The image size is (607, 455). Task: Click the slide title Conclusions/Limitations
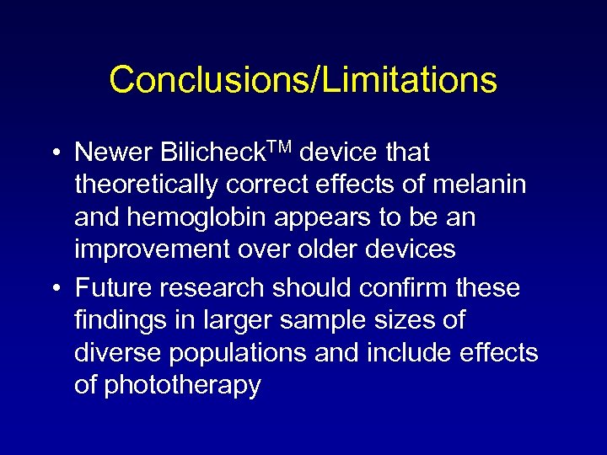coord(303,80)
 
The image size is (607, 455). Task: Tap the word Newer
coord(112,153)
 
